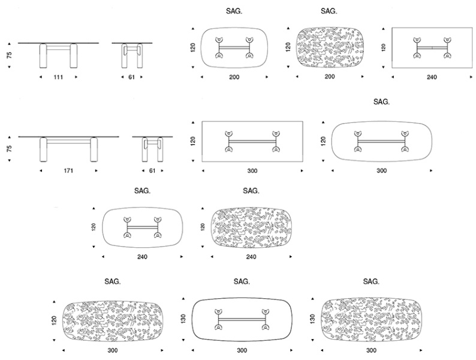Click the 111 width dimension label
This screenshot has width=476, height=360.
pos(58,77)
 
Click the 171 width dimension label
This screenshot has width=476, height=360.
pos(68,171)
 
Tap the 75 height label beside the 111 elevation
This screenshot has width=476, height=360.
pos(10,55)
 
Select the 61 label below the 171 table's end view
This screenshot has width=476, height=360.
pos(152,171)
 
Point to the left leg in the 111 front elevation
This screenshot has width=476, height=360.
pos(43,56)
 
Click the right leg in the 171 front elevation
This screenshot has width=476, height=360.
pos(94,149)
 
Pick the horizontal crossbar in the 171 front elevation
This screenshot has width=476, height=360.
pos(68,141)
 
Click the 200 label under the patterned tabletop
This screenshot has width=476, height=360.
pos(330,77)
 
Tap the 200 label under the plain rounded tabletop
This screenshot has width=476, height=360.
pos(234,77)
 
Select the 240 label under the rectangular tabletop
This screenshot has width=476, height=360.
pos(432,77)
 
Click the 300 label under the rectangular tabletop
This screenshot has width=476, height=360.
pos(252,171)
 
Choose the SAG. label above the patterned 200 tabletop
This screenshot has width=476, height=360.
pos(329,11)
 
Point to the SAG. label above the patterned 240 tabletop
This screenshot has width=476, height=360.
pos(251,191)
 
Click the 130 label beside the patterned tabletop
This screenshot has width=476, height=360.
pos(313,319)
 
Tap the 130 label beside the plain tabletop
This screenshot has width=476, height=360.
pos(183,319)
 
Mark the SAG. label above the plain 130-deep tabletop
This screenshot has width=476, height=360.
pos(242,281)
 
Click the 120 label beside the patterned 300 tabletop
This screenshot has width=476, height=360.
pos(54,320)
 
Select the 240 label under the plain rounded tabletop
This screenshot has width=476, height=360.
pos(142,257)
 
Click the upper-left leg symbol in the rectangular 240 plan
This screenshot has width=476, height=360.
pos(417,40)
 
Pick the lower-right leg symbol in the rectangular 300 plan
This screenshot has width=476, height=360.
pos(276,149)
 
